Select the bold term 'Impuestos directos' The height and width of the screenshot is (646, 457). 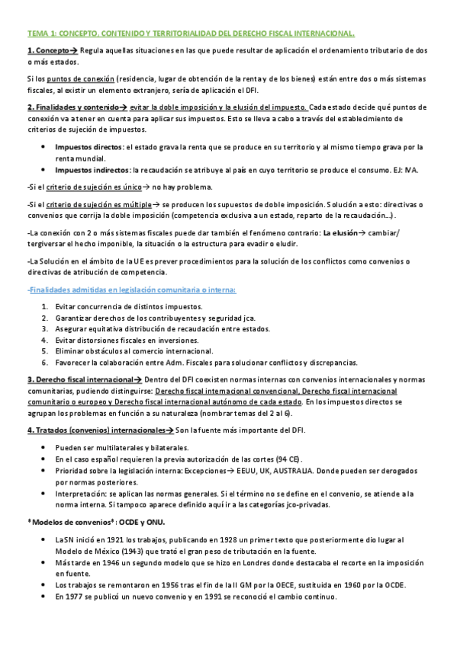[x=89, y=146]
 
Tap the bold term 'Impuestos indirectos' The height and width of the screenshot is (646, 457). [x=92, y=169]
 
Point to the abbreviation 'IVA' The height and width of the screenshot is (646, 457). [x=412, y=169]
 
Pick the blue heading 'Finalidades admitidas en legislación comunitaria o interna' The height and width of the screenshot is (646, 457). [x=131, y=289]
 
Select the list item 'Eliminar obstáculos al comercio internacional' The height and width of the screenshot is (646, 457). [x=134, y=351]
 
